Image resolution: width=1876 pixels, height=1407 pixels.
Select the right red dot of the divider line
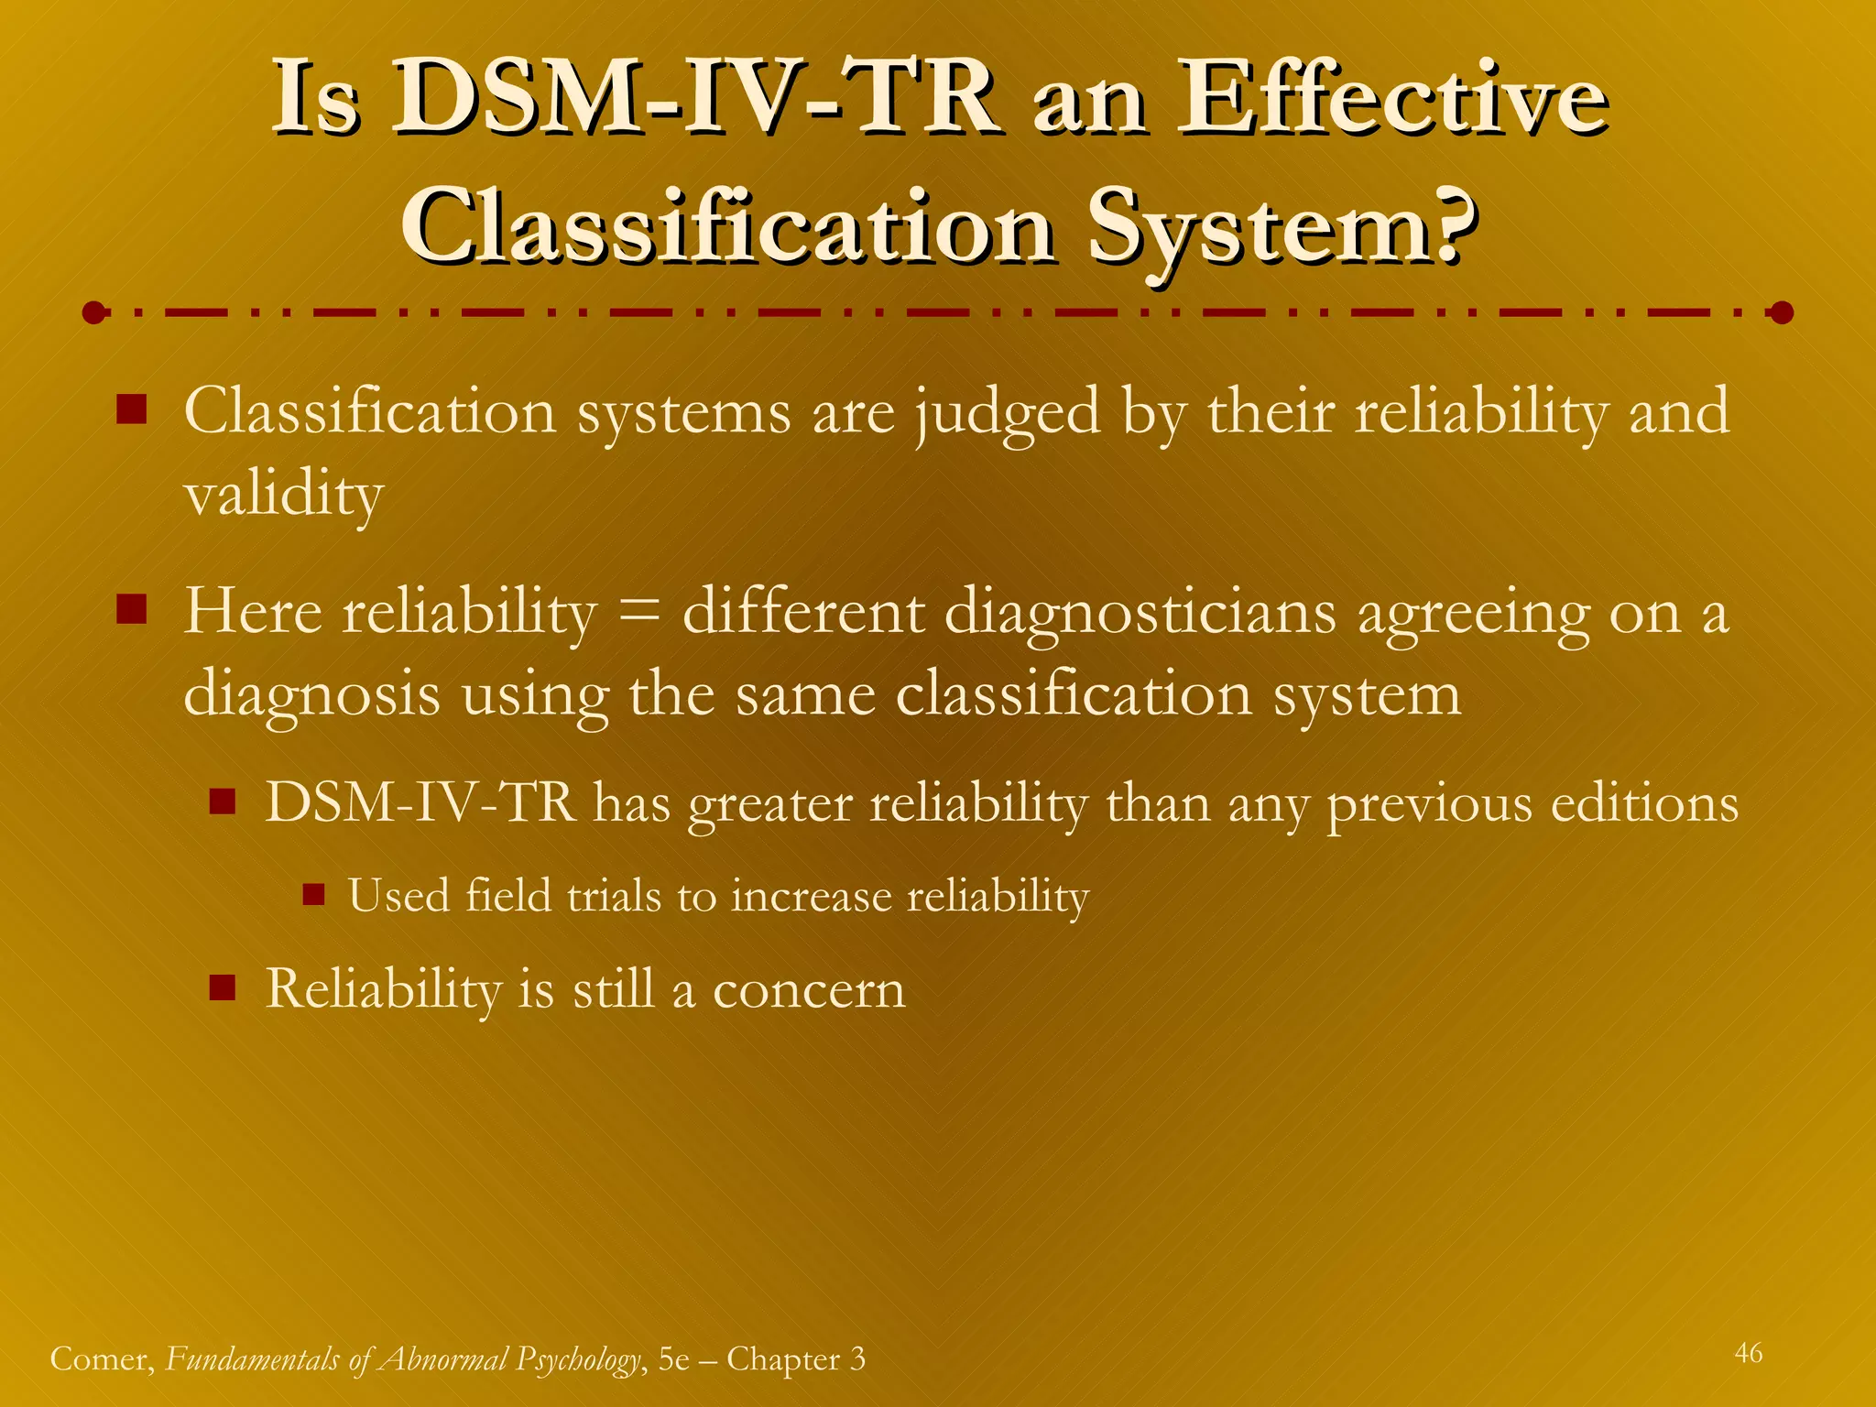(x=1781, y=313)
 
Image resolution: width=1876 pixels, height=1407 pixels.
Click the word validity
(x=283, y=496)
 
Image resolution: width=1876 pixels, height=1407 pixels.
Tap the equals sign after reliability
(x=639, y=612)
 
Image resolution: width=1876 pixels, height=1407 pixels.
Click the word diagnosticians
(x=1140, y=612)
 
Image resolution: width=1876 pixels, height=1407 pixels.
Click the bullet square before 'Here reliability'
(x=132, y=609)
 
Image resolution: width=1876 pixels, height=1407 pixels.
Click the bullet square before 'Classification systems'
(x=132, y=409)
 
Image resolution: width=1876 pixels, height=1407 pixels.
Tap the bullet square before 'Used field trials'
(x=314, y=894)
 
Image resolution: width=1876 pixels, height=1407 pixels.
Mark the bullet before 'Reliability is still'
(x=223, y=987)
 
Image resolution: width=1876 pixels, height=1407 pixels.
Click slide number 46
(x=1748, y=1353)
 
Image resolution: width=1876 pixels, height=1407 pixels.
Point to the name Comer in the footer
(x=101, y=1358)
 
